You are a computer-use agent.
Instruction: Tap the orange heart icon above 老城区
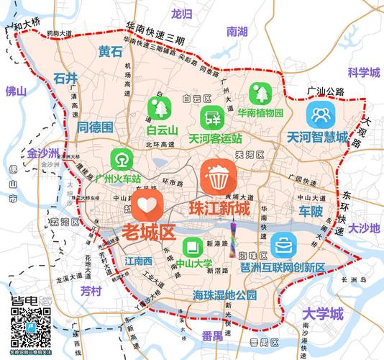coord(147,205)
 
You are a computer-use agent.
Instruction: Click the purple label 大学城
coord(323,314)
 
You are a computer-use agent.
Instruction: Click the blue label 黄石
coord(111,52)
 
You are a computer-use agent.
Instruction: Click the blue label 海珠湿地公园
coord(224,295)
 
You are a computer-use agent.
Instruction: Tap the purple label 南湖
coord(237,32)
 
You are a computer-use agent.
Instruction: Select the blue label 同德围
coord(96,127)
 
